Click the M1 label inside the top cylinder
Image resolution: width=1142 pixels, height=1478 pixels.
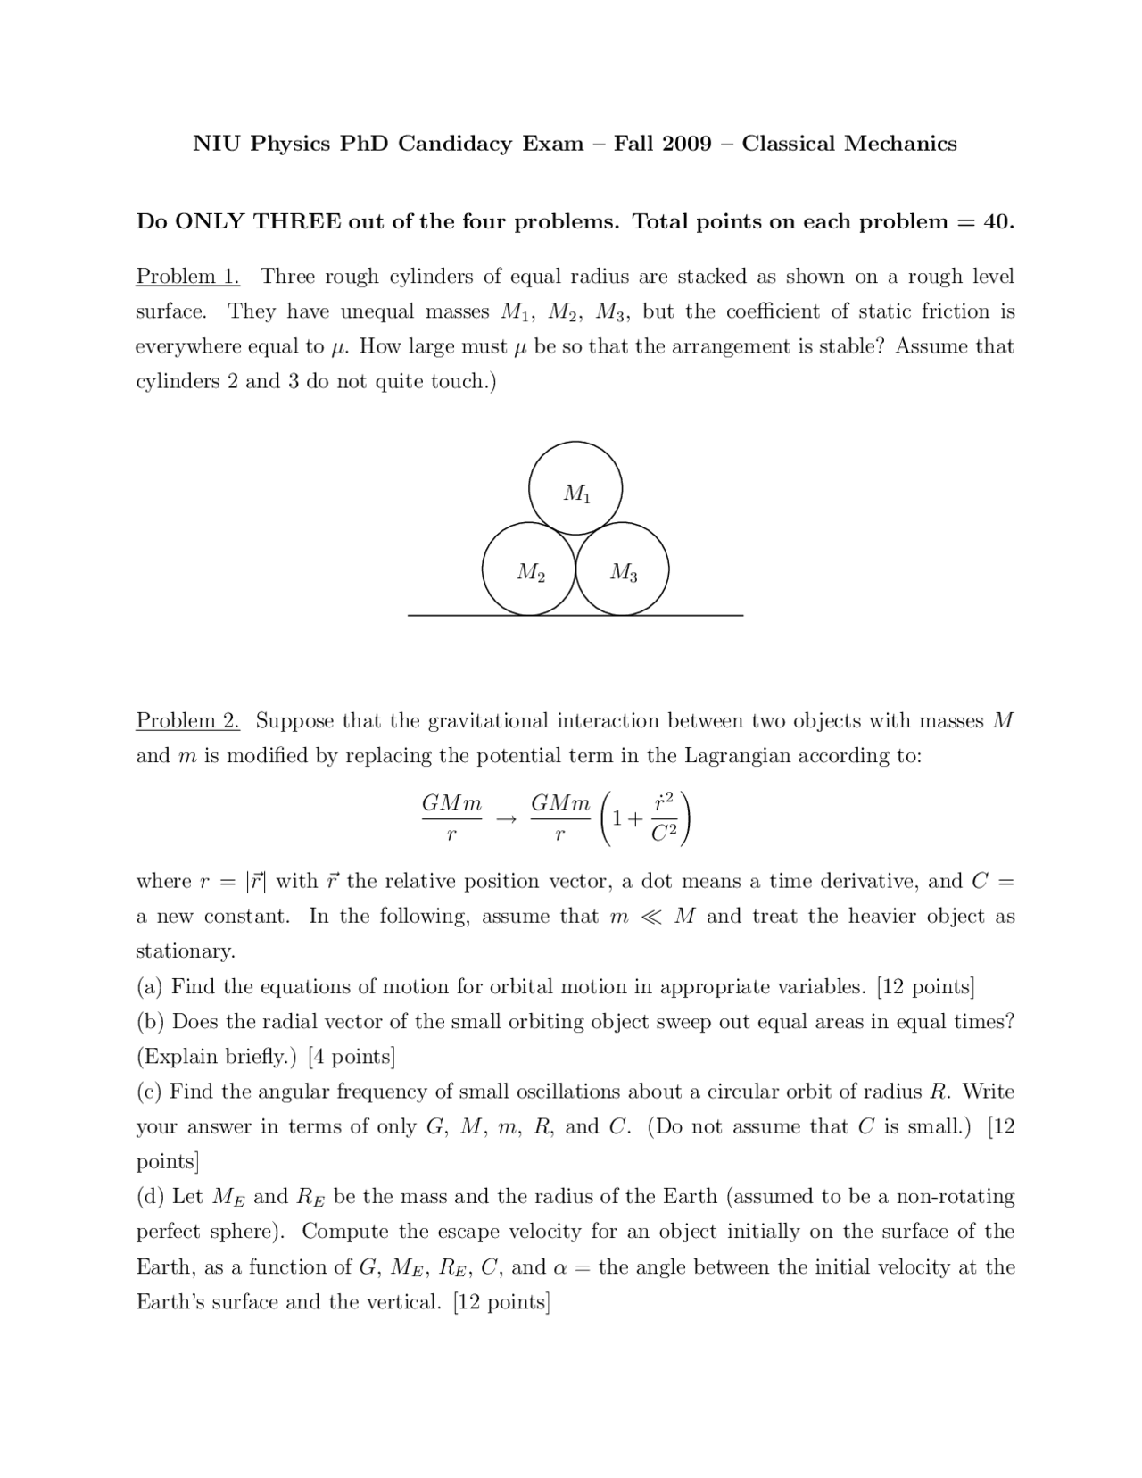tap(577, 493)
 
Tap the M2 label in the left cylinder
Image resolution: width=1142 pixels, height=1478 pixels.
tap(531, 572)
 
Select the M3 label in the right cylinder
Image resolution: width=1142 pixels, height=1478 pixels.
tap(624, 572)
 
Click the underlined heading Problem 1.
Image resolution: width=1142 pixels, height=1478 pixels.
tap(187, 277)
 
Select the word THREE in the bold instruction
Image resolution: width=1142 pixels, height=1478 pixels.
tap(297, 221)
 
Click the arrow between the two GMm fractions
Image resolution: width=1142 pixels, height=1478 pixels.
tap(507, 818)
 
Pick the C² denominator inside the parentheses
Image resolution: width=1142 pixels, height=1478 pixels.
tap(665, 834)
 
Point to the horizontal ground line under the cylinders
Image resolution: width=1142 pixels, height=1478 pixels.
tap(575, 615)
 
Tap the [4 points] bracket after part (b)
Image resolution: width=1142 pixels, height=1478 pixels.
tap(351, 1057)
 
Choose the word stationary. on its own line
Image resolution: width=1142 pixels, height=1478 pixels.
tap(185, 951)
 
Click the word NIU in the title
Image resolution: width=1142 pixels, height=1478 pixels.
tap(217, 144)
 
